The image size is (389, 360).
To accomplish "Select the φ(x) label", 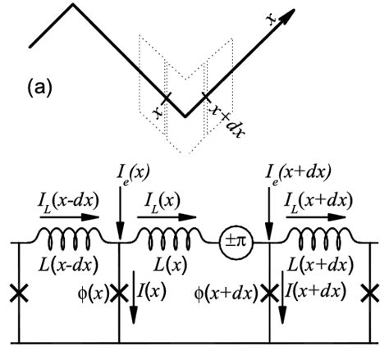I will [91, 291].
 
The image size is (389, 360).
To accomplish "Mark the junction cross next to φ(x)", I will [119, 292].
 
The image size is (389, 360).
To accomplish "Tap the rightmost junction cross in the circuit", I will [373, 292].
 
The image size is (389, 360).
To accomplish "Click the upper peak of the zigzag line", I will [75, 6].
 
